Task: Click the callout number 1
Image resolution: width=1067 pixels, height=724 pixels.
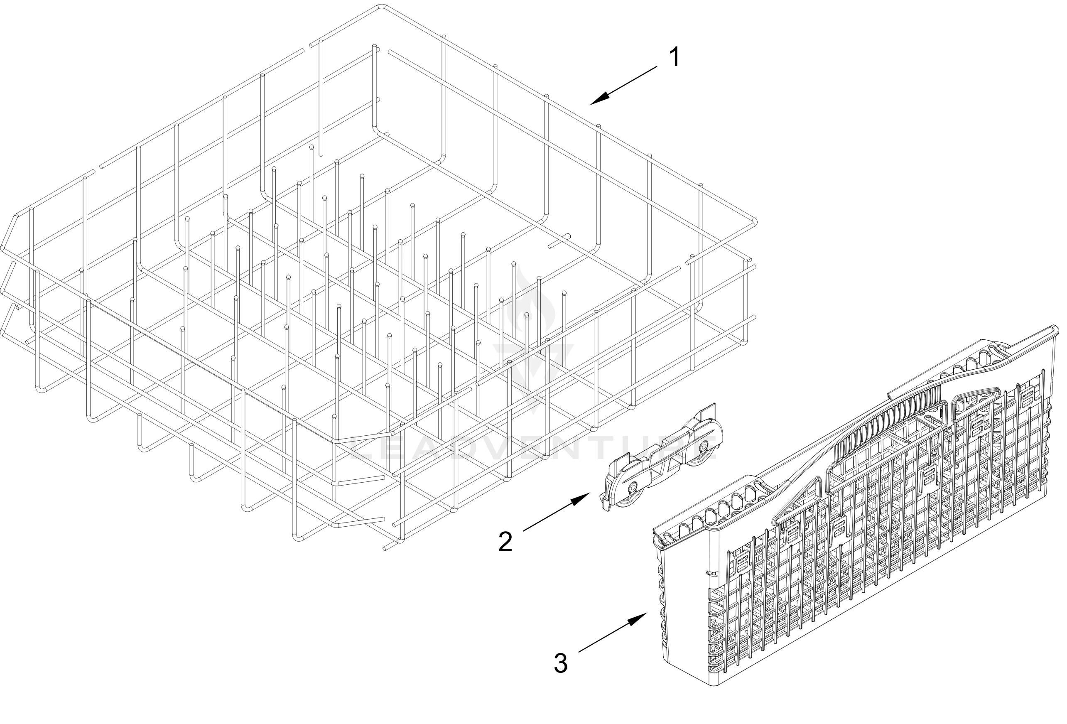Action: pyautogui.click(x=674, y=58)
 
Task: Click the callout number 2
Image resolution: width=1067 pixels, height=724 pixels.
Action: pyautogui.click(x=505, y=542)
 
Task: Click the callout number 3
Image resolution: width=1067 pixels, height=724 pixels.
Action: pyautogui.click(x=561, y=663)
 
